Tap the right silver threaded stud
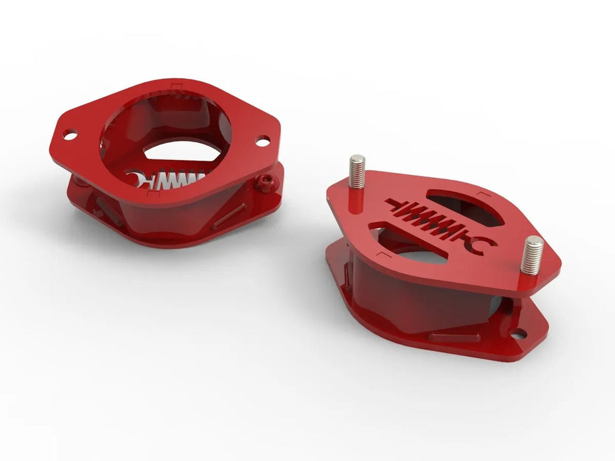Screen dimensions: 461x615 pyautogui.click(x=531, y=256)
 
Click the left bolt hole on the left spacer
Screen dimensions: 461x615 pyautogui.click(x=69, y=136)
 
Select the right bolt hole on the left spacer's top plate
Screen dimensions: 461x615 pyautogui.click(x=262, y=140)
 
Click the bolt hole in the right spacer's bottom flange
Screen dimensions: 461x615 pyautogui.click(x=520, y=335)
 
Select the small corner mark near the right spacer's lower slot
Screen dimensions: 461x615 pyautogui.click(x=382, y=254)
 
